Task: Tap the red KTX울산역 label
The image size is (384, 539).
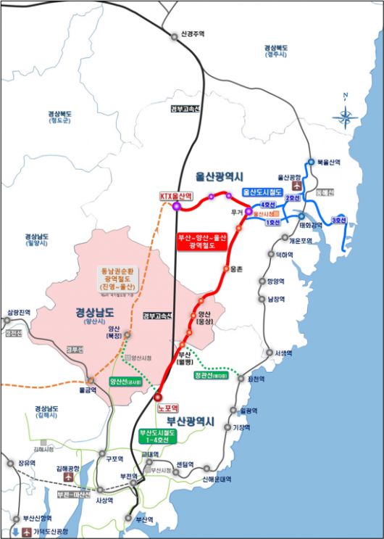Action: [x=176, y=196]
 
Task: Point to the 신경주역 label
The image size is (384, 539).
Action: [x=192, y=34]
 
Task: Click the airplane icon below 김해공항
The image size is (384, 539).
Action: [x=69, y=478]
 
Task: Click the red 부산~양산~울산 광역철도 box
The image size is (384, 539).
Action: [x=202, y=242]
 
